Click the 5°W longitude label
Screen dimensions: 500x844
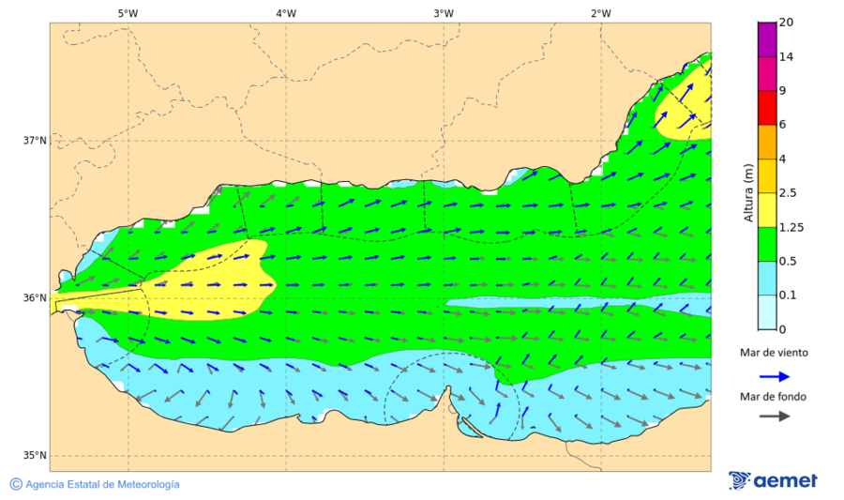click(x=128, y=13)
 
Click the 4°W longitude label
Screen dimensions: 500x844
click(x=286, y=13)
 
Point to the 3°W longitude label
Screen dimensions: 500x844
click(x=444, y=13)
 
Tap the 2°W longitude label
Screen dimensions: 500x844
click(x=601, y=13)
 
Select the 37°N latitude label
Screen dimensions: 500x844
click(x=35, y=141)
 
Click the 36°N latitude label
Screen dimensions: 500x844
click(x=35, y=298)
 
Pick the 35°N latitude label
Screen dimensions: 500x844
click(x=35, y=456)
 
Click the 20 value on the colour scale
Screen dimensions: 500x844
click(x=786, y=23)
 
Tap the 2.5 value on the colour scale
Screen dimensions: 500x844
click(x=788, y=193)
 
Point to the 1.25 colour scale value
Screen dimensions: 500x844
click(x=791, y=227)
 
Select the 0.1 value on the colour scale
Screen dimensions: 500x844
click(x=788, y=295)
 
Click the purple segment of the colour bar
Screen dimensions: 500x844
click(x=766, y=39)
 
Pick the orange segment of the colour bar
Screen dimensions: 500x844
click(x=766, y=142)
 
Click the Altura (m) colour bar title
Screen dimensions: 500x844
click(x=748, y=191)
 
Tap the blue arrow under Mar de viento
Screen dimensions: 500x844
click(x=774, y=376)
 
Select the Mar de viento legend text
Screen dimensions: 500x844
click(x=774, y=353)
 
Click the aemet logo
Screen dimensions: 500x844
click(x=773, y=480)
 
